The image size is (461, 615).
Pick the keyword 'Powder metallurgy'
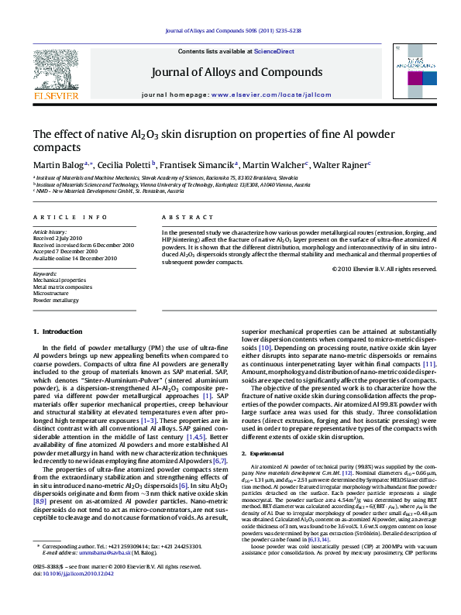[57, 299]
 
